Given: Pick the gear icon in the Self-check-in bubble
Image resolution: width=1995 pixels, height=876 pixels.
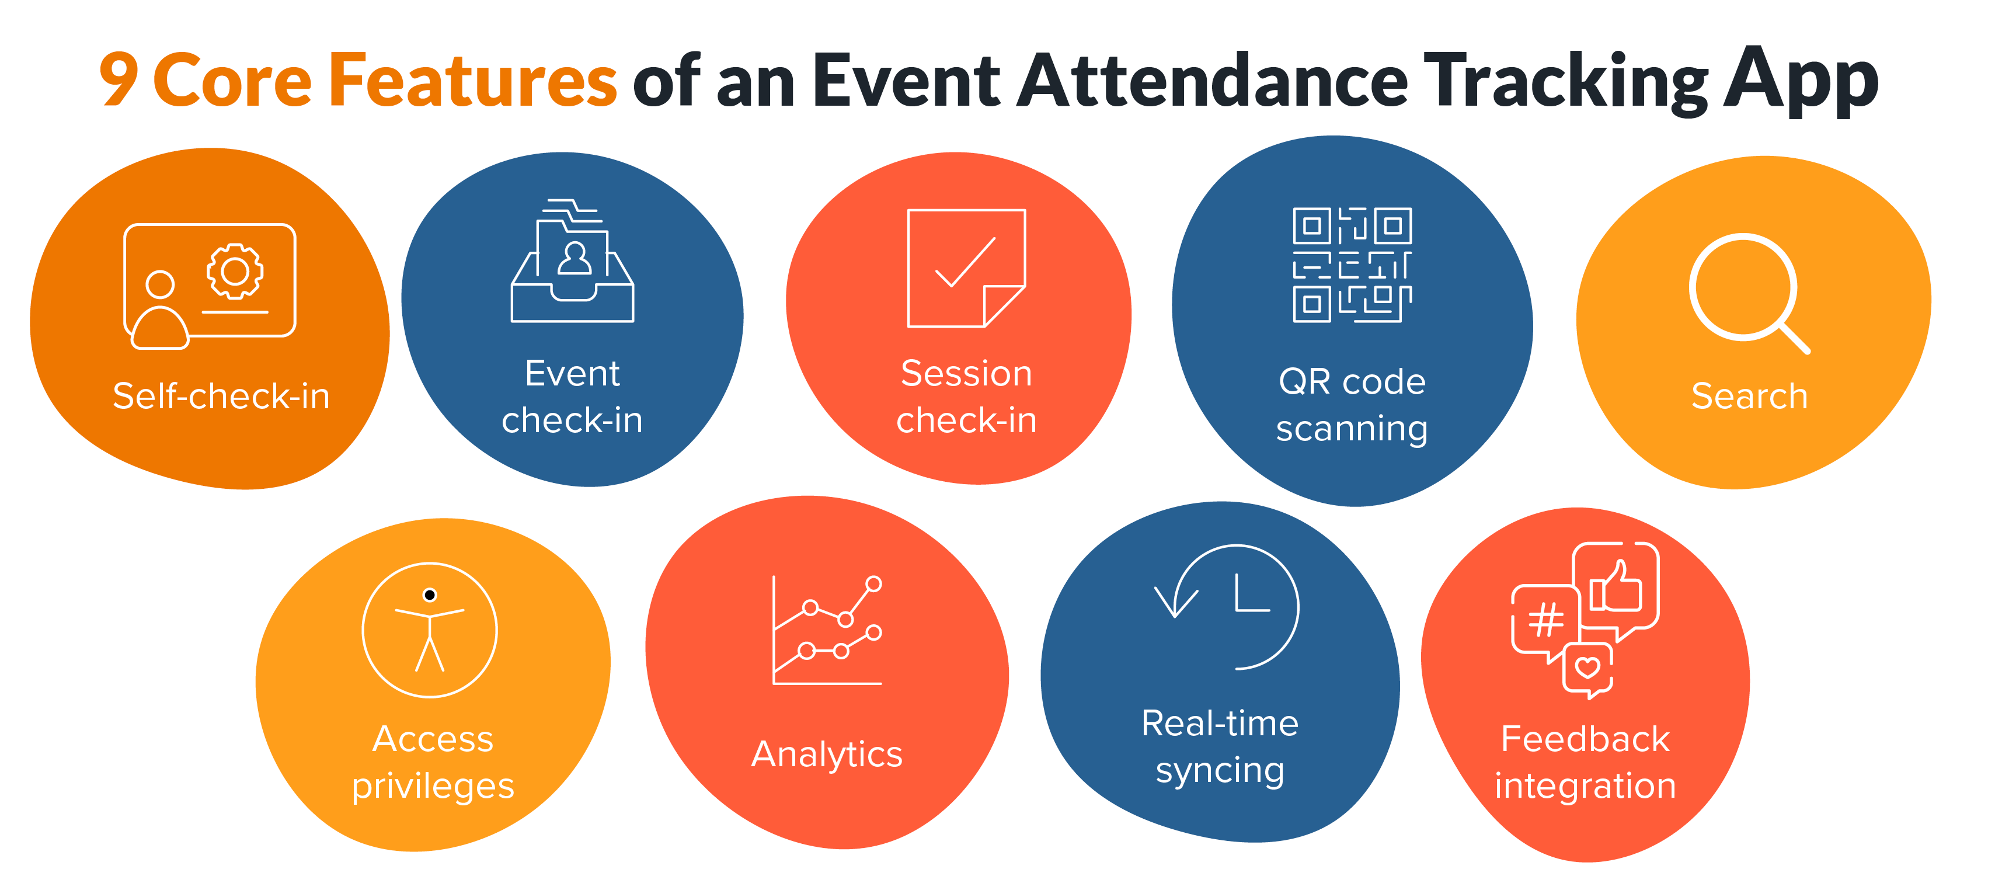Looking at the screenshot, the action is [x=235, y=271].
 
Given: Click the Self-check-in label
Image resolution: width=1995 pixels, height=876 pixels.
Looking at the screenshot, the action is [x=221, y=396].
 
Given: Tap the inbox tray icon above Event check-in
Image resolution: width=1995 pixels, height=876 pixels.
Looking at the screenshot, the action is [x=572, y=261].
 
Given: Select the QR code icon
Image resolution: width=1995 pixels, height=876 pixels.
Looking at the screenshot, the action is [x=1352, y=265].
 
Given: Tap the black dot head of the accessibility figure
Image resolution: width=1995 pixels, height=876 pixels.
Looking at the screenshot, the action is [x=430, y=595].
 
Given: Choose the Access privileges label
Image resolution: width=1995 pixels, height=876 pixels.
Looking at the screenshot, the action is [x=433, y=762].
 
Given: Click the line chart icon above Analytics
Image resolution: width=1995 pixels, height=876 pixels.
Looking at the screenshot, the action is [x=827, y=631].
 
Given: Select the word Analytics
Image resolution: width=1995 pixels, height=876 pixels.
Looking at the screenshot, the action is [x=827, y=755].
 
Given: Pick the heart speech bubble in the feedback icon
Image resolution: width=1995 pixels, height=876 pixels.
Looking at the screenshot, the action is [x=1587, y=669].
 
